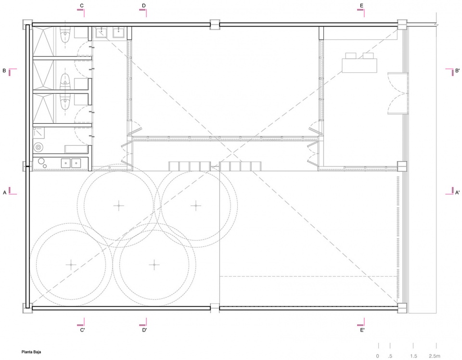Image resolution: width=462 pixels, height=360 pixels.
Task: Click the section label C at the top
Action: (x=82, y=6)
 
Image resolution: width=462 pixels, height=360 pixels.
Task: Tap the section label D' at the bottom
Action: (x=144, y=330)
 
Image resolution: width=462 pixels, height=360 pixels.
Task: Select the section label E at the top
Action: (x=361, y=6)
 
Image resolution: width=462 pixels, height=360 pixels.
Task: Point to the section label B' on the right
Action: (x=457, y=71)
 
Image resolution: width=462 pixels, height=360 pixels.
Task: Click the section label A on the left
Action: (x=4, y=193)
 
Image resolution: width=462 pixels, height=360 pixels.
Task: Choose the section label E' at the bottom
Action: (x=362, y=330)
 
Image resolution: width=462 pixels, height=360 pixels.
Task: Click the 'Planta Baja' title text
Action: (x=31, y=352)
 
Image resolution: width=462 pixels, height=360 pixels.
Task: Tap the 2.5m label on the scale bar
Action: (x=434, y=356)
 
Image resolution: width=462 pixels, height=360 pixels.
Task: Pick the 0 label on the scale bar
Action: (x=377, y=356)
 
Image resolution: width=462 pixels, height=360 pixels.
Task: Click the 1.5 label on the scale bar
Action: (x=413, y=356)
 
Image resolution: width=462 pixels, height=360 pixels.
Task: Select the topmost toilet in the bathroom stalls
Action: (x=64, y=36)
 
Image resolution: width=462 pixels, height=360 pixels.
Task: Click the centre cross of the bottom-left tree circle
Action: (x=71, y=265)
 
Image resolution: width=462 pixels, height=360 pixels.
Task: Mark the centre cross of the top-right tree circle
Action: (x=196, y=206)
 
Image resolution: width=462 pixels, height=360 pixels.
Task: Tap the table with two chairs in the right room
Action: (x=359, y=63)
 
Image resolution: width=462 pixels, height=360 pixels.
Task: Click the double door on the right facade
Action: (x=398, y=93)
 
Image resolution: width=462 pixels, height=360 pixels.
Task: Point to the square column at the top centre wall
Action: (x=215, y=25)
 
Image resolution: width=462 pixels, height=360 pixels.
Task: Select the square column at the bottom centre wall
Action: (x=215, y=308)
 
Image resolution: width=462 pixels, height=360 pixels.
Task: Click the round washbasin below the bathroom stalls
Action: (x=38, y=147)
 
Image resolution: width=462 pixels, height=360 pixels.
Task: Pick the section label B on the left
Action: (x=4, y=71)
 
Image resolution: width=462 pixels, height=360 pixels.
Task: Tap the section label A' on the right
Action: (x=457, y=193)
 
